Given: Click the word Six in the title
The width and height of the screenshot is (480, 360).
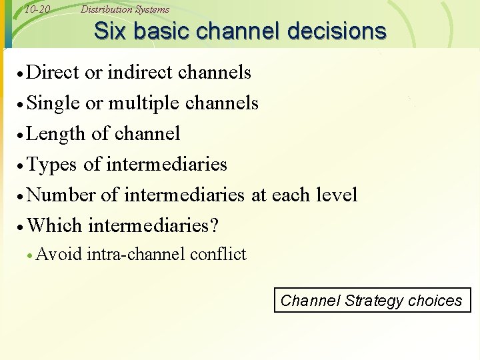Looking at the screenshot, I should (109, 31).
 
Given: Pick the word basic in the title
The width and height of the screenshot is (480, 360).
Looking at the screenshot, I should (161, 31).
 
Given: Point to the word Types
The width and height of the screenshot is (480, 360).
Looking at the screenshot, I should (53, 164).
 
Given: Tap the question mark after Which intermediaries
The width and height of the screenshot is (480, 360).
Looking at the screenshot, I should (213, 225).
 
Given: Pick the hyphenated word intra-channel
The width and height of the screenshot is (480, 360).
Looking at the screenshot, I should (136, 254).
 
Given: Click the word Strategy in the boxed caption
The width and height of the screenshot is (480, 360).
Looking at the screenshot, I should (374, 301).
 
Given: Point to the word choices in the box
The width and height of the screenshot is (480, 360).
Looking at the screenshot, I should (435, 301).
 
